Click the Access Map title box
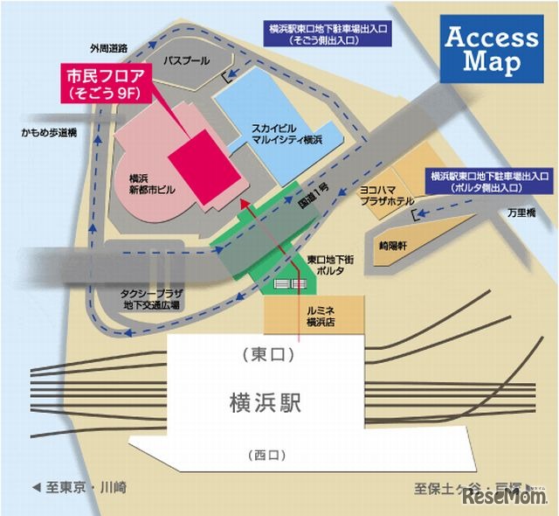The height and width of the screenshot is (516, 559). coord(492,50)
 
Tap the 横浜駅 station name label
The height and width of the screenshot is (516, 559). coord(265,403)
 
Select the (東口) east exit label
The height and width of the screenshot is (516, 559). coord(266,355)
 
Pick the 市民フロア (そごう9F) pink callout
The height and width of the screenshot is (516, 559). coord(104,83)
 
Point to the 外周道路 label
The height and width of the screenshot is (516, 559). coord(109,48)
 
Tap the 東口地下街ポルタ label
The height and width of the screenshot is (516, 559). coord(328,266)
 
